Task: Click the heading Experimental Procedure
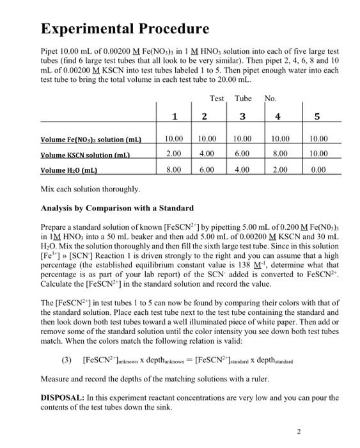125,28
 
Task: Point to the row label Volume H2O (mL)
70,170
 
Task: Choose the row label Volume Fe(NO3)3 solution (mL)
91,139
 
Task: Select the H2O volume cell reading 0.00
318,170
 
